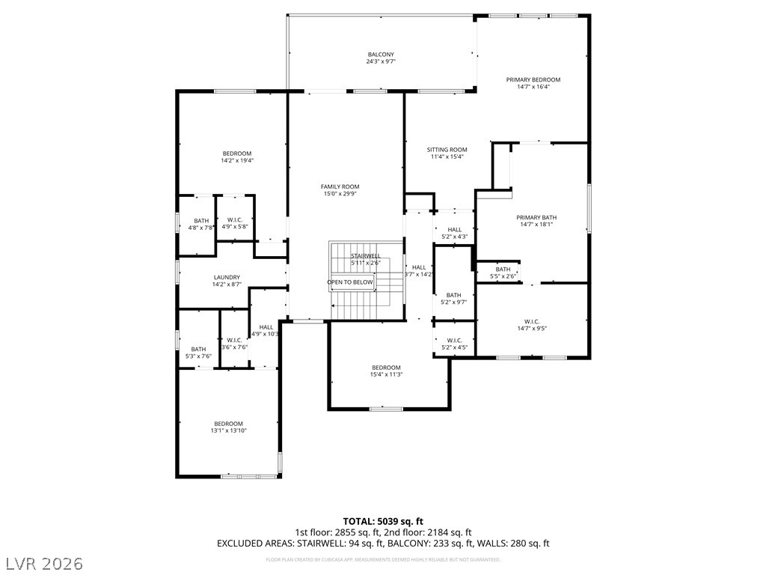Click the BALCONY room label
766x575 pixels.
[381, 55]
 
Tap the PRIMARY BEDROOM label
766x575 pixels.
[533, 79]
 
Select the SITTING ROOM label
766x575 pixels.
[447, 150]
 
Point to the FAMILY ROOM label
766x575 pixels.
[340, 186]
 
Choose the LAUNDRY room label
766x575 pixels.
[227, 277]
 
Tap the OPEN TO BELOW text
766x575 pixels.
[349, 282]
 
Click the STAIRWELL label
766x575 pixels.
[365, 256]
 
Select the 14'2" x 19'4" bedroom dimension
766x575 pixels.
[236, 160]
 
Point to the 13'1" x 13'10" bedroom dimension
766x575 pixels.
[228, 431]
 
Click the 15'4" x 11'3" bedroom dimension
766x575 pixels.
[386, 374]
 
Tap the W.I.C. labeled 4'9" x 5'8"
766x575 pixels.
[235, 223]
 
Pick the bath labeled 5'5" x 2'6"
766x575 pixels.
[503, 273]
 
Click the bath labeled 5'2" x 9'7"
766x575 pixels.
[454, 298]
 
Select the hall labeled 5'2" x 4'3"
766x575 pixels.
[454, 234]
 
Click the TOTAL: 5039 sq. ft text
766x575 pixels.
[383, 521]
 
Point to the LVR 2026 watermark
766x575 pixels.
[44, 562]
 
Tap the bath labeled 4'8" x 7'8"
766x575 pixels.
[201, 224]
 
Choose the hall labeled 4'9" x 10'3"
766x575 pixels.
[266, 330]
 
